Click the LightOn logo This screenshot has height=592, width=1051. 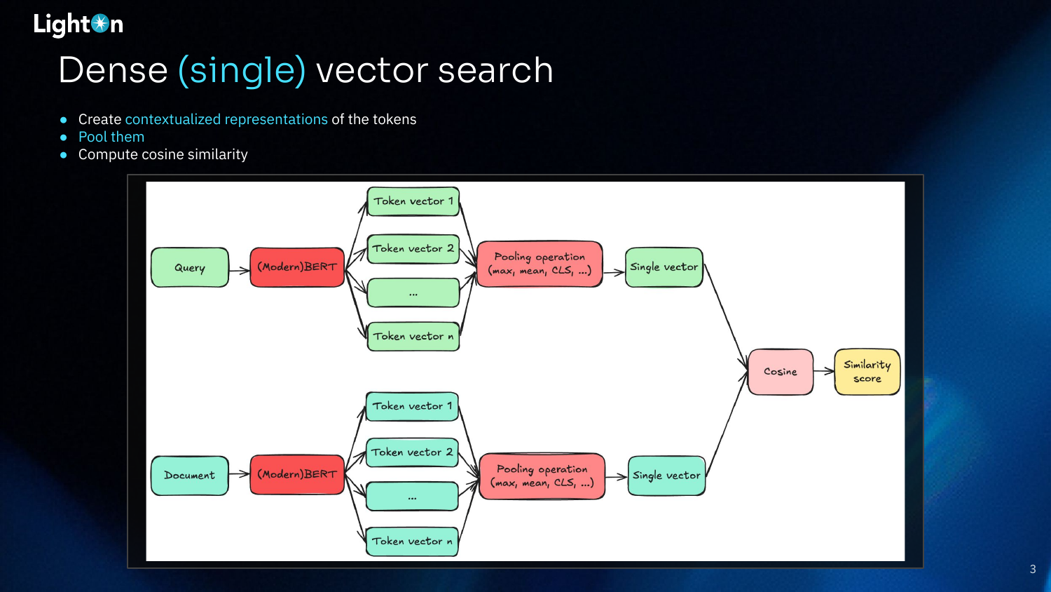click(x=78, y=25)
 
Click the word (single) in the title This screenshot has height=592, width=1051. click(x=242, y=71)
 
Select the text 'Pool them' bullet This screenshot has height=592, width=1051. click(x=111, y=137)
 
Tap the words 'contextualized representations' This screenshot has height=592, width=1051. click(x=226, y=119)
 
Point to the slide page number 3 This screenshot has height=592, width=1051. click(x=1033, y=569)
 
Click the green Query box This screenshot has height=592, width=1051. click(x=190, y=267)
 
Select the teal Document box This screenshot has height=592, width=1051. click(x=190, y=475)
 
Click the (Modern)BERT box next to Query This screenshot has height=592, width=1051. click(x=297, y=267)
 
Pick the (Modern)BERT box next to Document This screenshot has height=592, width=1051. click(x=297, y=474)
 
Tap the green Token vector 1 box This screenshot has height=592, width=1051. click(x=413, y=201)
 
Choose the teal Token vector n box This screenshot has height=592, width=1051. click(x=412, y=541)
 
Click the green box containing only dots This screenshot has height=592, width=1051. click(x=413, y=292)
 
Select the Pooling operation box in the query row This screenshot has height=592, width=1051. click(x=540, y=264)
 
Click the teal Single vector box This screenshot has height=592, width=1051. click(x=666, y=476)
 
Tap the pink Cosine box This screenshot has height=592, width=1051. click(x=781, y=372)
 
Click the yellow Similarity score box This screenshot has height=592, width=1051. click(x=867, y=372)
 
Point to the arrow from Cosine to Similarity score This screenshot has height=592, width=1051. click(x=824, y=371)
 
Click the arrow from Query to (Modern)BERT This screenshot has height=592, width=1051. click(x=240, y=270)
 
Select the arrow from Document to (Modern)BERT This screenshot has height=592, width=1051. click(x=240, y=474)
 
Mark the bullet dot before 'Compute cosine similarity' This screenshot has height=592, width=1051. click(x=63, y=154)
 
